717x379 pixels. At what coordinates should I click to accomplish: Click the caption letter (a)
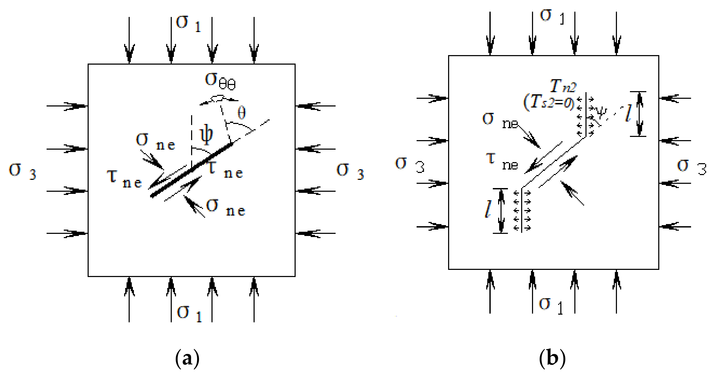click(x=187, y=359)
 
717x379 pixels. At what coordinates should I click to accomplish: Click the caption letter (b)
click(x=552, y=358)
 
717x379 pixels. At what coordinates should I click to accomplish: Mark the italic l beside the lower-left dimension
click(x=488, y=209)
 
